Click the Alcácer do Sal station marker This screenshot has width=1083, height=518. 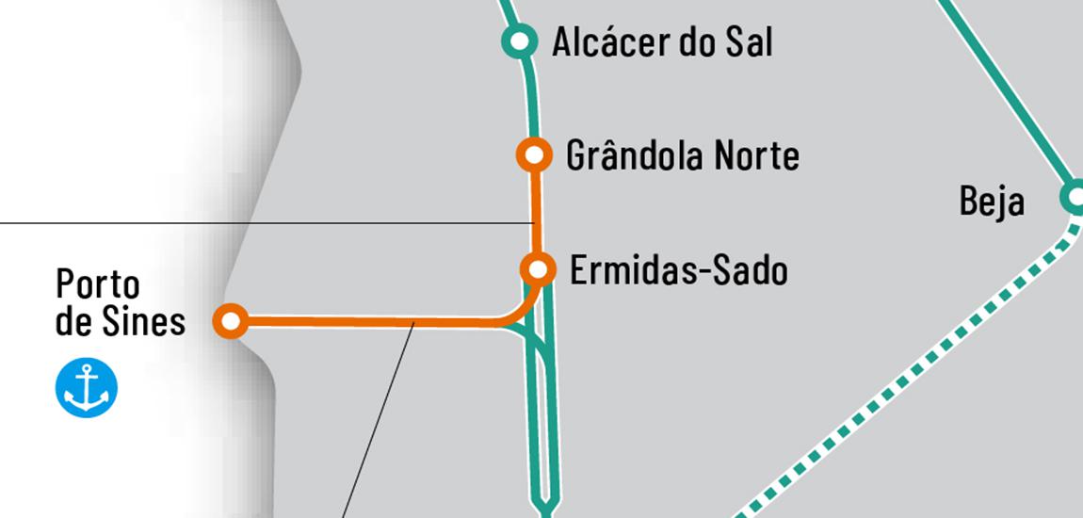[x=518, y=41]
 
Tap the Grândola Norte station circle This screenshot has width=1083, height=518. [x=534, y=154]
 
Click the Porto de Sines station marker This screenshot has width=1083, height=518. [x=231, y=321]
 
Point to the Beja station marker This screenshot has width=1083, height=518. [x=1074, y=198]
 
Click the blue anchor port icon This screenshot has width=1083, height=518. [x=87, y=388]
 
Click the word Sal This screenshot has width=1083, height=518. [x=750, y=42]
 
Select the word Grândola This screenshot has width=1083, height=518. [x=634, y=155]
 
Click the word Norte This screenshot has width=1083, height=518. [x=756, y=155]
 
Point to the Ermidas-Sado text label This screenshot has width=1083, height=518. [x=679, y=271]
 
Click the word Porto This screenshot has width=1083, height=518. [x=98, y=283]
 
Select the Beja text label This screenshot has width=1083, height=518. [x=992, y=202]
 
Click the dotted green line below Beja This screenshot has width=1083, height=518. [x=904, y=377]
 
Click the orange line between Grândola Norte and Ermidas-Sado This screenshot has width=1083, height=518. [x=536, y=212]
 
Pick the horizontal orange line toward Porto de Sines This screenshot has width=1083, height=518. [x=377, y=322]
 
